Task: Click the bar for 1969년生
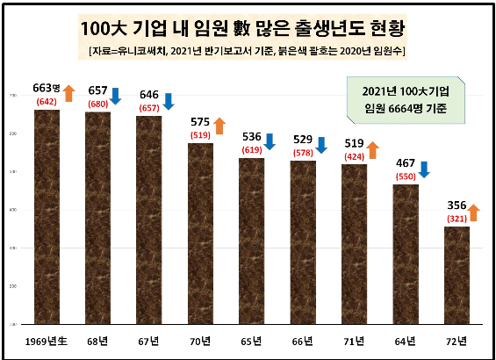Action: coord(47,216)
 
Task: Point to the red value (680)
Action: coord(97,104)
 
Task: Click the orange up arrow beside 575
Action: coord(219,126)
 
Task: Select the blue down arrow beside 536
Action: coord(270,141)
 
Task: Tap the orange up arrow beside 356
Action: coord(474,212)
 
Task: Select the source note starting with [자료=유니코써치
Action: coord(248,52)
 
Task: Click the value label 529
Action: coord(304,140)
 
